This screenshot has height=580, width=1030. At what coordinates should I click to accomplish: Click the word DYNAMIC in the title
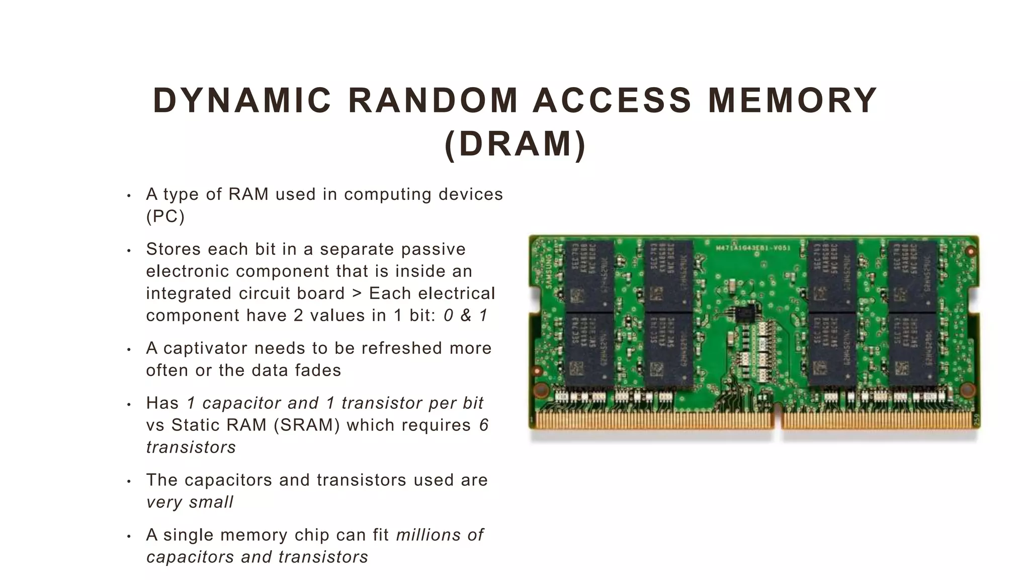point(242,100)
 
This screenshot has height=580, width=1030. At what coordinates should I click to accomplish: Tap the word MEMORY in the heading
point(793,100)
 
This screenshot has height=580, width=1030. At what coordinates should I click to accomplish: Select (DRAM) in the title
point(516,144)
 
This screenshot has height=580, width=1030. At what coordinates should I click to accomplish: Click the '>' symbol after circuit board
point(357,293)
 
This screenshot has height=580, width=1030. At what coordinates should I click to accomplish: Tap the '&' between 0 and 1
point(466,315)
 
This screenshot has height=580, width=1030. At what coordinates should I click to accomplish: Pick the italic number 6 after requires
point(483,425)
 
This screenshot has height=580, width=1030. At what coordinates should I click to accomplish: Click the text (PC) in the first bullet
point(165,216)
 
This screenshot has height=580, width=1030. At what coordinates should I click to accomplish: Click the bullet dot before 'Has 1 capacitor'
point(129,404)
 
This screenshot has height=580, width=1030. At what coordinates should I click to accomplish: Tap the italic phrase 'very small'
point(190,502)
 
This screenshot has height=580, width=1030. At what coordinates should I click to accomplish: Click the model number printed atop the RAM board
point(753,248)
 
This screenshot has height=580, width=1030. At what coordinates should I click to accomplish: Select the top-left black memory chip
point(589,275)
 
